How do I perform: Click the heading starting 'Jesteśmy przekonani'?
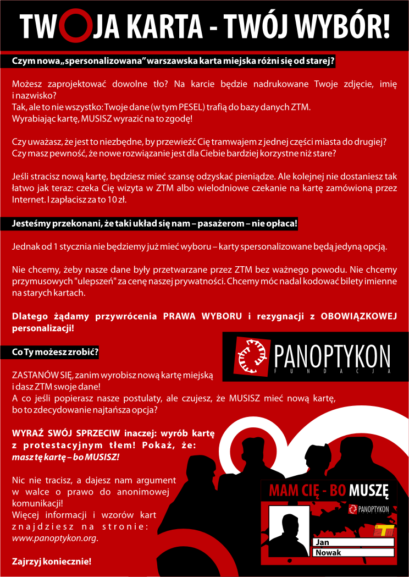[154, 224]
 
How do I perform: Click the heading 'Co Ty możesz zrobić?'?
[55, 352]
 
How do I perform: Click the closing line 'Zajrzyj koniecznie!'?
[52, 562]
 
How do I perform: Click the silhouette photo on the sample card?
[288, 531]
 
